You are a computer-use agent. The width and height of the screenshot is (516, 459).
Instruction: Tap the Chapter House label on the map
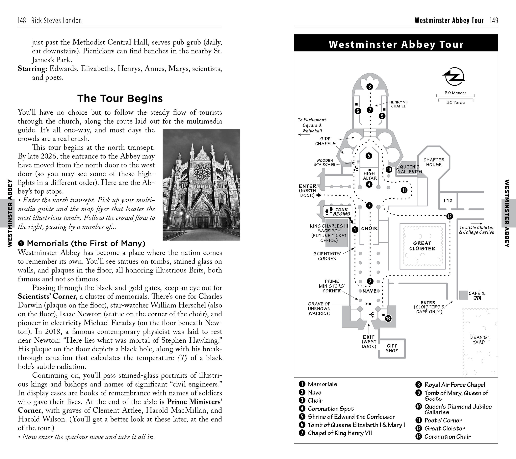click(x=434, y=162)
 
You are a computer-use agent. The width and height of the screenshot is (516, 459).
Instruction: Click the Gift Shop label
click(x=392, y=348)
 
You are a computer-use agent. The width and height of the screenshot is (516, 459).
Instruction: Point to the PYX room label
click(x=448, y=200)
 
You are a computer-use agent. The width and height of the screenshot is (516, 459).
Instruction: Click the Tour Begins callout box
click(x=338, y=212)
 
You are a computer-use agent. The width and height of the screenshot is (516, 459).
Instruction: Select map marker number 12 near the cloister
click(x=449, y=216)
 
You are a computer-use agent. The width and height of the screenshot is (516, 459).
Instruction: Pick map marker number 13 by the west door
click(x=388, y=319)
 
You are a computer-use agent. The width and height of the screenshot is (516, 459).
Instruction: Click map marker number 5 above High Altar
click(x=369, y=156)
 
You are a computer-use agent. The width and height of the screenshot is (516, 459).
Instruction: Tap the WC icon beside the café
click(x=477, y=298)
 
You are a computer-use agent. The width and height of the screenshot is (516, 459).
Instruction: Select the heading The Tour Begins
click(x=120, y=99)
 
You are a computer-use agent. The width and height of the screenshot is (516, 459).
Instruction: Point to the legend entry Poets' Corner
click(x=443, y=420)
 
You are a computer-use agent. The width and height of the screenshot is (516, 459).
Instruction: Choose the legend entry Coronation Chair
click(x=447, y=437)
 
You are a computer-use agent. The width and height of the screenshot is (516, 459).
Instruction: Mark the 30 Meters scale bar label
click(x=455, y=93)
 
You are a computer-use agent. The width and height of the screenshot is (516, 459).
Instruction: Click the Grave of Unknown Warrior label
click(x=319, y=308)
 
